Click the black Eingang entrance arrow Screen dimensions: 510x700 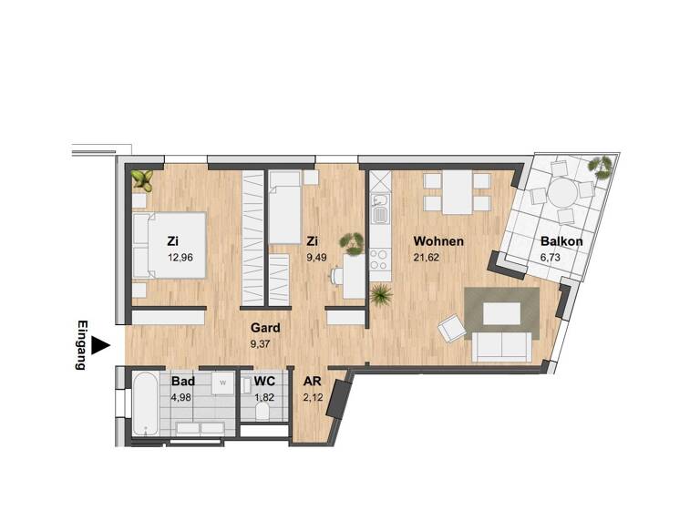(x=101, y=345)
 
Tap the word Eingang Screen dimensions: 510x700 (x=81, y=345)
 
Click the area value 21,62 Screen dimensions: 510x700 (x=428, y=258)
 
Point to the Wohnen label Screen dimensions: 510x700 (x=438, y=242)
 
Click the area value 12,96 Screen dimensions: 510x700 (x=181, y=258)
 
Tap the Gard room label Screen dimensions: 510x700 (x=265, y=328)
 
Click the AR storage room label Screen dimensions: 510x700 (x=312, y=382)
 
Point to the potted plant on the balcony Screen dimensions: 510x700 (x=601, y=167)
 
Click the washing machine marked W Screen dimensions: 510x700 (x=221, y=383)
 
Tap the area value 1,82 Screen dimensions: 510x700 (x=263, y=397)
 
